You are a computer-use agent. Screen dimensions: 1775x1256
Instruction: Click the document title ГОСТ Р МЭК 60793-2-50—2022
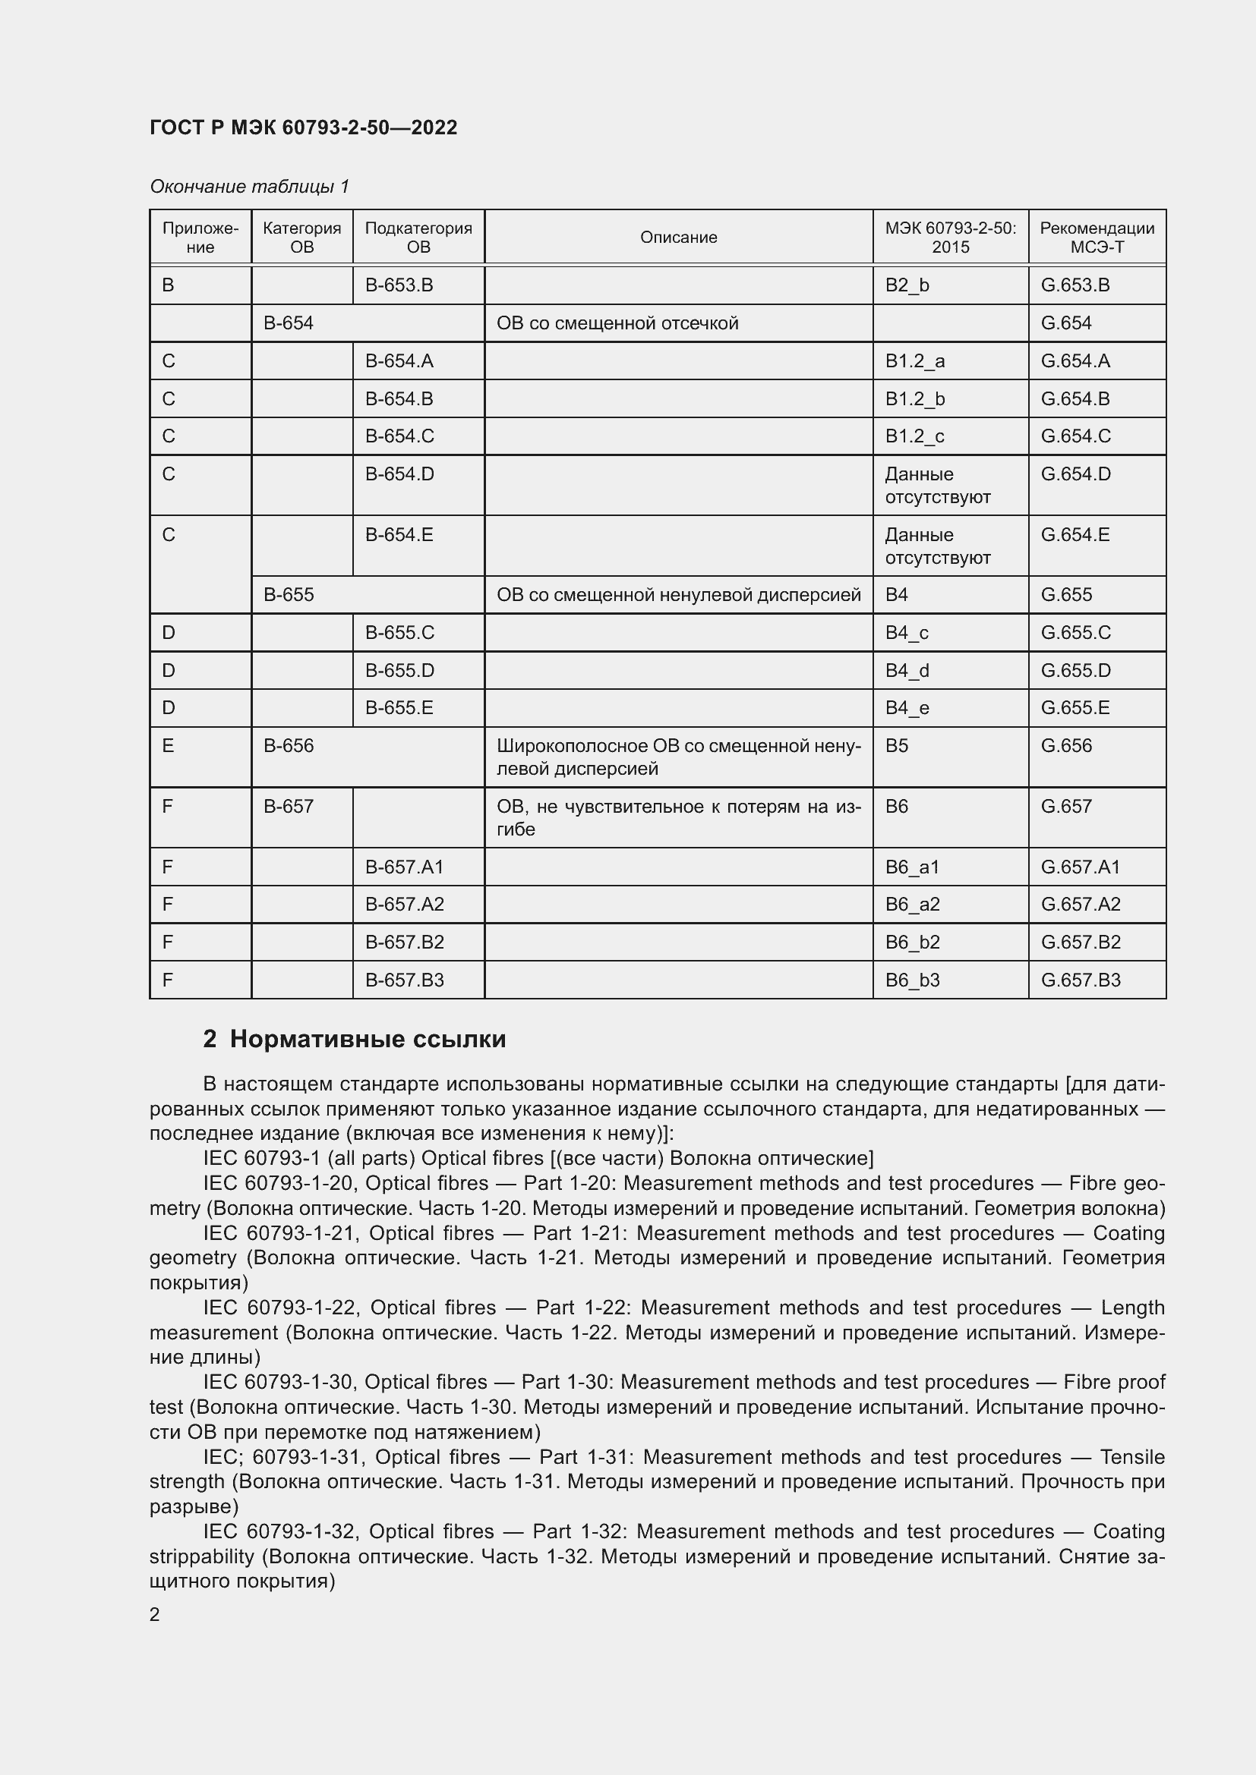click(303, 127)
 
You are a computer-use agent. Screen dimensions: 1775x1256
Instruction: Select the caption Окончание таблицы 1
click(249, 187)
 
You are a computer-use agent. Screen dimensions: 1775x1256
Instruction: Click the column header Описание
click(678, 238)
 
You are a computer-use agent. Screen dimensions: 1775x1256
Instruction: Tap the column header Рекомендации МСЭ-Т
click(1096, 238)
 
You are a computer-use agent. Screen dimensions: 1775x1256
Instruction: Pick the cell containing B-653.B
click(399, 285)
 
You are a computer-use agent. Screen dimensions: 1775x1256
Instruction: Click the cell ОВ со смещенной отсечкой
click(617, 323)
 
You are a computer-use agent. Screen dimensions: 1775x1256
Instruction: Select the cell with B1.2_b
click(915, 399)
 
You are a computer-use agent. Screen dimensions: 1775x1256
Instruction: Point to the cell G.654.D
click(1075, 474)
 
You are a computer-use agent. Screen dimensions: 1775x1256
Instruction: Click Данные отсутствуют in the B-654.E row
click(936, 546)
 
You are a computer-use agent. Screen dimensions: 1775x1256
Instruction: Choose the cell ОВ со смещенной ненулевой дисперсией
click(678, 594)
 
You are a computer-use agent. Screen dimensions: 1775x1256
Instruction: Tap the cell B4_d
click(907, 670)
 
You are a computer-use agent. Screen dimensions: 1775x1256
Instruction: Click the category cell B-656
click(289, 746)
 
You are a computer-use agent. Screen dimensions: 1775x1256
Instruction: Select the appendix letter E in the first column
click(168, 746)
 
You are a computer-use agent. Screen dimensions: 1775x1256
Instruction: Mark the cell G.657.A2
click(1080, 904)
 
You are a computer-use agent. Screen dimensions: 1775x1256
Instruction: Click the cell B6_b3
click(912, 980)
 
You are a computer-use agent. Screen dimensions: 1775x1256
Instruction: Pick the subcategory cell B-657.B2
click(405, 942)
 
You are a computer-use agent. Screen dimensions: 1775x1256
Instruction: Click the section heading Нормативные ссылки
click(368, 1039)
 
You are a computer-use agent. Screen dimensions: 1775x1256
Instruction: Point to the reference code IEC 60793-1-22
click(281, 1308)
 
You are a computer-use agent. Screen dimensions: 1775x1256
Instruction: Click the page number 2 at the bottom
click(155, 1614)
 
